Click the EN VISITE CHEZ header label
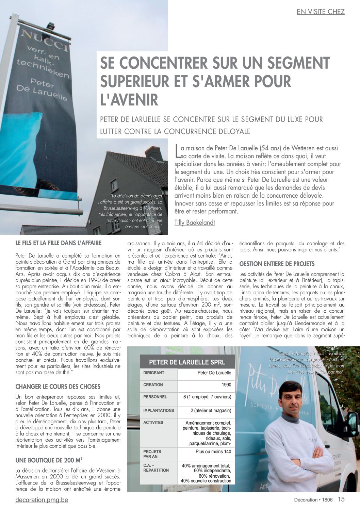click(x=321, y=12)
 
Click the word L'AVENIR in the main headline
click(x=129, y=100)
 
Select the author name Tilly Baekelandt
click(x=195, y=223)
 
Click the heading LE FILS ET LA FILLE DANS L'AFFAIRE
click(x=59, y=243)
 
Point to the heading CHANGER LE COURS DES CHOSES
click(x=58, y=387)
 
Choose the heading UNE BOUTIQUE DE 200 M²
click(x=49, y=460)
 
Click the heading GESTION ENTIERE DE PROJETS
click(x=277, y=264)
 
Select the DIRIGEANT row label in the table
click(x=154, y=373)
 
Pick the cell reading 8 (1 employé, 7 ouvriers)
click(x=207, y=397)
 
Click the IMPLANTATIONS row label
click(x=158, y=411)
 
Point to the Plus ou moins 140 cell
click(x=213, y=452)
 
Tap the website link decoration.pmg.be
click(x=42, y=500)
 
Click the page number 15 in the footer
click(x=341, y=499)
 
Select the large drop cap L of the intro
click(x=177, y=151)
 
